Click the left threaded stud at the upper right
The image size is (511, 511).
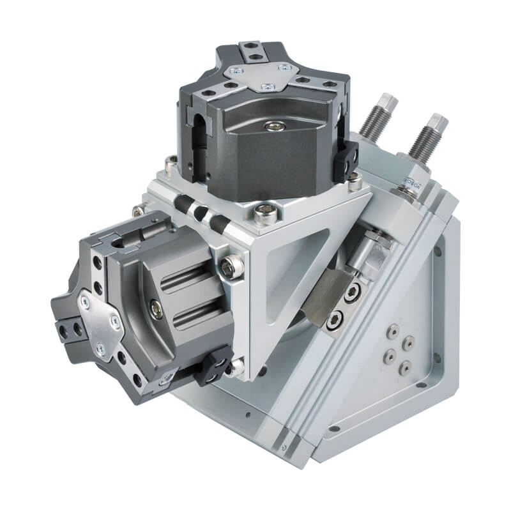pos(376,118)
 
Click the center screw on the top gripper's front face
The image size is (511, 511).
pos(273,126)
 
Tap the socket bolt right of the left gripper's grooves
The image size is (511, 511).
pos(232,266)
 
